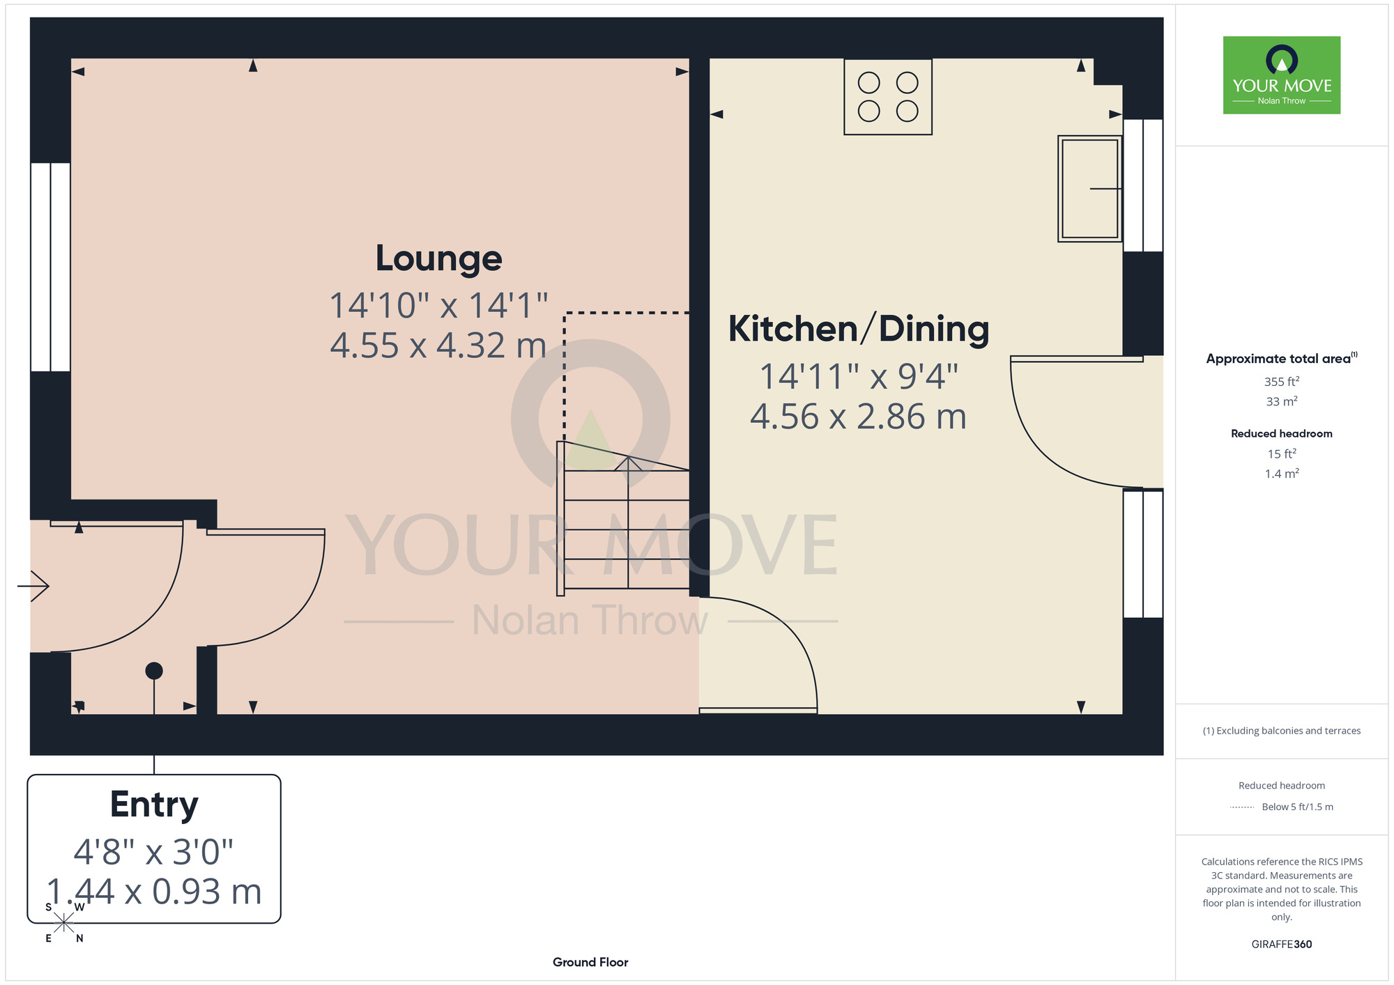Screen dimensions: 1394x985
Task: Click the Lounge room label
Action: point(438,259)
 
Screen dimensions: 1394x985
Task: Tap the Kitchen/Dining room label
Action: point(859,329)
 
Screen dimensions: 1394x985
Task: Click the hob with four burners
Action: point(888,97)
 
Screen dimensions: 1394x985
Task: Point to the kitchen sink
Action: point(1089,189)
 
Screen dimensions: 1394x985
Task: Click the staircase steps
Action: point(624,518)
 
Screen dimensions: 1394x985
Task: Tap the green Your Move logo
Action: point(1282,75)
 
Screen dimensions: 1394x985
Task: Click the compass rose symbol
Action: point(63,923)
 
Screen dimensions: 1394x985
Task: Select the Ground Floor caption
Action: point(590,962)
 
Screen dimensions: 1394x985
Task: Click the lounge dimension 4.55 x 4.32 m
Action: point(438,346)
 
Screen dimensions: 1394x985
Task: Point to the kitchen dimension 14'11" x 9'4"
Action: point(859,377)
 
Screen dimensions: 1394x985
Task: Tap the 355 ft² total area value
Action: point(1282,382)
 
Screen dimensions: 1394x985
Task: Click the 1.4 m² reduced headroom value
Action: point(1282,474)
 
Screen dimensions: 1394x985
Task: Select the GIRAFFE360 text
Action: point(1282,945)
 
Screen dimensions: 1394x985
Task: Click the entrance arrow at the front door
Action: point(33,586)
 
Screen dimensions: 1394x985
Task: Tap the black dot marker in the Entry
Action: point(154,671)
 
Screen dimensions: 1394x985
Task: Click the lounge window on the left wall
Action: point(51,267)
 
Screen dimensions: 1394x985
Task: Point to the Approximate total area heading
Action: point(1282,358)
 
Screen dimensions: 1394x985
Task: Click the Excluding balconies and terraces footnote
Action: point(1282,731)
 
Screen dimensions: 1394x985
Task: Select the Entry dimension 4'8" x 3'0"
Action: point(154,852)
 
